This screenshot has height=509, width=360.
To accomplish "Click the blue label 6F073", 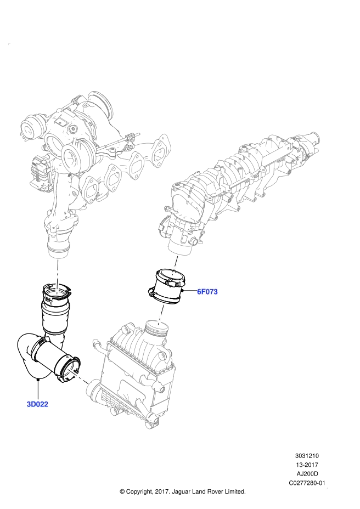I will coord(207,292).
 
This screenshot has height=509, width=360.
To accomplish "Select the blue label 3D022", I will coord(37,404).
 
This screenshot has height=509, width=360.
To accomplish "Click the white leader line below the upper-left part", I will coord(57,276).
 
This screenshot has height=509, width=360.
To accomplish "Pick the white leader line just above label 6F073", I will coord(175,264).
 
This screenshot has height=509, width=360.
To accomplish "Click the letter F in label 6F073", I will coord(203,292).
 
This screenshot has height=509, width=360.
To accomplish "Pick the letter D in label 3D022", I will coord(33,404).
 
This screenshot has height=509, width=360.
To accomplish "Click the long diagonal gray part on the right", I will coord(241,176).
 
